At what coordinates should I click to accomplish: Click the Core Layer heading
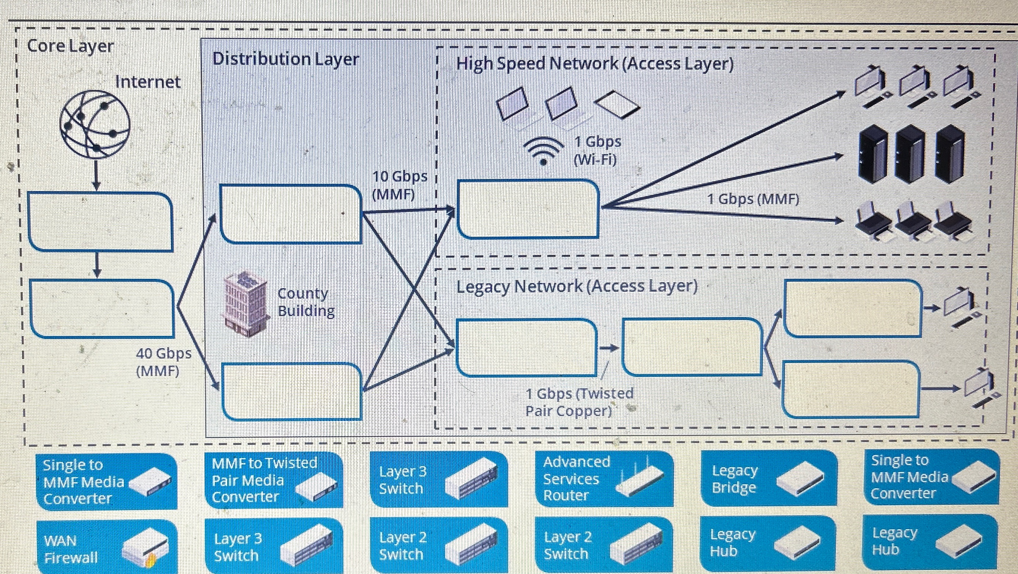click(x=70, y=46)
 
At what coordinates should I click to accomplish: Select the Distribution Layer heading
click(x=285, y=59)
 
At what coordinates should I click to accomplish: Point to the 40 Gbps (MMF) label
click(x=163, y=362)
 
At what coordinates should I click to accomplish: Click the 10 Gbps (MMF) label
click(x=399, y=185)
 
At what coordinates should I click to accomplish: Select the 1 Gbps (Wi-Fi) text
click(x=597, y=150)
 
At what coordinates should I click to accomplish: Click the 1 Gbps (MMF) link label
click(x=753, y=199)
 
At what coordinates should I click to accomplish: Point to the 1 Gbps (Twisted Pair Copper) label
click(x=579, y=402)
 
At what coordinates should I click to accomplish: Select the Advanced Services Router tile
click(x=604, y=479)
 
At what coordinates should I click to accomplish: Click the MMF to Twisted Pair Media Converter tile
click(x=274, y=479)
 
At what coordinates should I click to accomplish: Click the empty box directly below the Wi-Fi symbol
click(x=527, y=209)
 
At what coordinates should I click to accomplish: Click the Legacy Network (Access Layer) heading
click(x=577, y=286)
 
